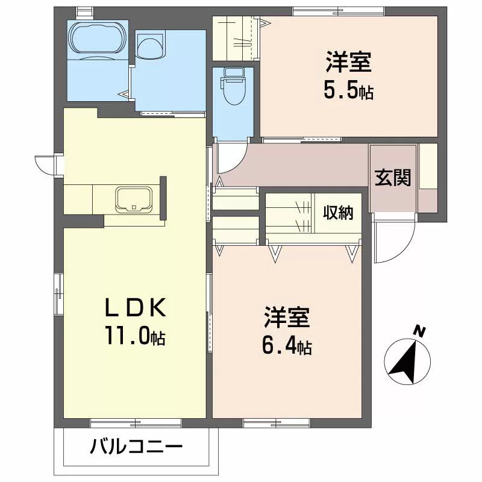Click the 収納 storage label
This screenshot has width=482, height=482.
click(x=338, y=212)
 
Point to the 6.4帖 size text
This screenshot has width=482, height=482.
click(x=287, y=346)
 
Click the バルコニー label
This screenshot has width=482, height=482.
click(x=136, y=447)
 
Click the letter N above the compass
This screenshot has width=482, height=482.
click(x=419, y=331)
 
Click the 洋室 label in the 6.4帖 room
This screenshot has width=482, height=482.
click(x=287, y=318)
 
